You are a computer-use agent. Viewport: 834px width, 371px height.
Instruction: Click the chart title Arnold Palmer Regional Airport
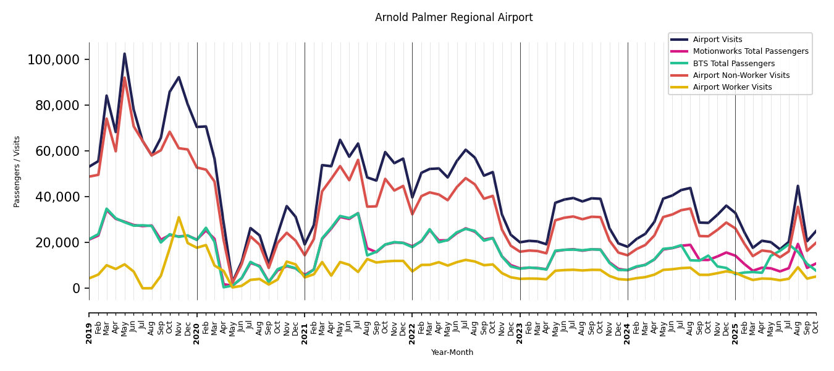pyautogui.click(x=453, y=18)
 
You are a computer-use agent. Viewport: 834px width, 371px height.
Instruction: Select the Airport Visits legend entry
pyautogui.click(x=717, y=40)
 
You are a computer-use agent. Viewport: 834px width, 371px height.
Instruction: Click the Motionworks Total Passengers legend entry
pyautogui.click(x=750, y=51)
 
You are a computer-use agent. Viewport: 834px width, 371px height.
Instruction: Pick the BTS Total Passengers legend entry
pyautogui.click(x=733, y=64)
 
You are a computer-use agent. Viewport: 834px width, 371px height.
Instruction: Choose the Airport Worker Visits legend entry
pyautogui.click(x=732, y=87)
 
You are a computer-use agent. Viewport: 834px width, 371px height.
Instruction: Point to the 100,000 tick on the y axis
pyautogui.click(x=53, y=60)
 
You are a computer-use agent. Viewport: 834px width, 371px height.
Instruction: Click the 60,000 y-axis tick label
pyautogui.click(x=56, y=151)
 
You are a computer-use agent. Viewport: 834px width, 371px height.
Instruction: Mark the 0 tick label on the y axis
pyautogui.click(x=76, y=289)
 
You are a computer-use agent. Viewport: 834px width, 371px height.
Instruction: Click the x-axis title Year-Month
pyautogui.click(x=452, y=352)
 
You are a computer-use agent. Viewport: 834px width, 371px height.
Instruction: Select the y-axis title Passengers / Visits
pyautogui.click(x=17, y=171)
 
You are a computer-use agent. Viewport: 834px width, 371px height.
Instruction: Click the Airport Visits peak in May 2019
pyautogui.click(x=125, y=54)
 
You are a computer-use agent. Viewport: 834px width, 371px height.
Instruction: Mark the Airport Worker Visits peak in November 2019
pyautogui.click(x=179, y=217)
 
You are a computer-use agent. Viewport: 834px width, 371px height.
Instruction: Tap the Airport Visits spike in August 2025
pyautogui.click(x=798, y=185)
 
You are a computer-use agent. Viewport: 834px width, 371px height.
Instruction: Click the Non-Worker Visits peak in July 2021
pyautogui.click(x=358, y=160)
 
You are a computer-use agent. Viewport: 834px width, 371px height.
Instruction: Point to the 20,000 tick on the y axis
pyautogui.click(x=56, y=243)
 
